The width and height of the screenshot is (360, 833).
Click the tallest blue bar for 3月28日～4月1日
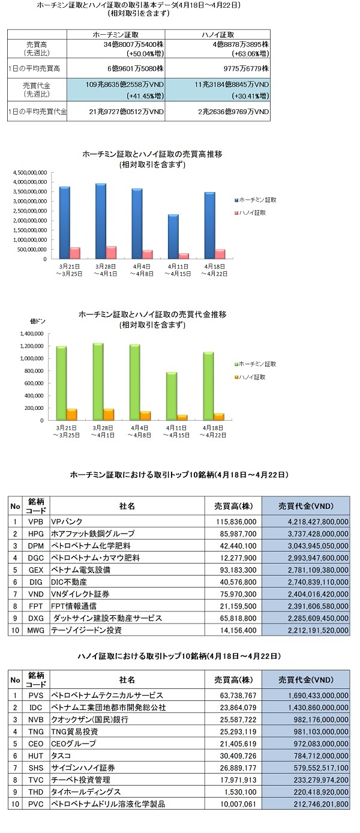[100, 221]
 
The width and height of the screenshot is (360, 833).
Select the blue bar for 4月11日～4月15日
[173, 236]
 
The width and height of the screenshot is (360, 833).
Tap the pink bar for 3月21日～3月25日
[75, 253]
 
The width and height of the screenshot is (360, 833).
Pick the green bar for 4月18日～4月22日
[209, 386]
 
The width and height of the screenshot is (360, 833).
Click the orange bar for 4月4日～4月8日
[145, 416]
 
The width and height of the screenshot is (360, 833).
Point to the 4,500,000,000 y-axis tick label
[30, 173]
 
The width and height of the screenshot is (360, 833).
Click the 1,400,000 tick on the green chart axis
[32, 334]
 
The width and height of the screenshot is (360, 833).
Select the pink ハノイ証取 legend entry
[250, 212]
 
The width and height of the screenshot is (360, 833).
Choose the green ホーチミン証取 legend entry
[256, 364]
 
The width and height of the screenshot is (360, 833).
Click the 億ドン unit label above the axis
[38, 321]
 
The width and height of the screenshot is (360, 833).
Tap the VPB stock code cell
[36, 522]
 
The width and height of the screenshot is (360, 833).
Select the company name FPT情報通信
[74, 606]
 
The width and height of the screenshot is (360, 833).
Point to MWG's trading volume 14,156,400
[238, 630]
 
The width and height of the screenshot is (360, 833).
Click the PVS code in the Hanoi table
[36, 696]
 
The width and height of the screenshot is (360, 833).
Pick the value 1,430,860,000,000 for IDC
[318, 708]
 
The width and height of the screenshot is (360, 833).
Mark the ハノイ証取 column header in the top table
[218, 35]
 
